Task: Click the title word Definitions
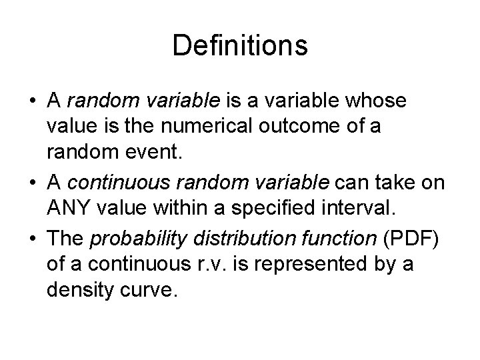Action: click(240, 46)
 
